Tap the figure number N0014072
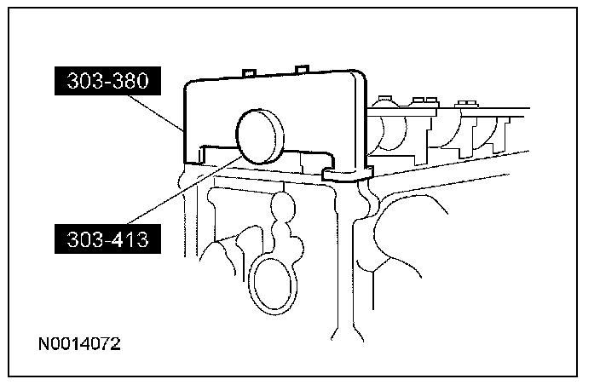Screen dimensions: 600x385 79,345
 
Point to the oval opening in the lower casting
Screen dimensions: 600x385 274,282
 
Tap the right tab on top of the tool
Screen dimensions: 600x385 301,67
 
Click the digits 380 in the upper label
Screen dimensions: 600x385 129,81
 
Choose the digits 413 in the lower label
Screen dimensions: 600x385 129,239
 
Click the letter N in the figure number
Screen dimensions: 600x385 44,345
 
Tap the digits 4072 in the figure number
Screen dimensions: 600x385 101,345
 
